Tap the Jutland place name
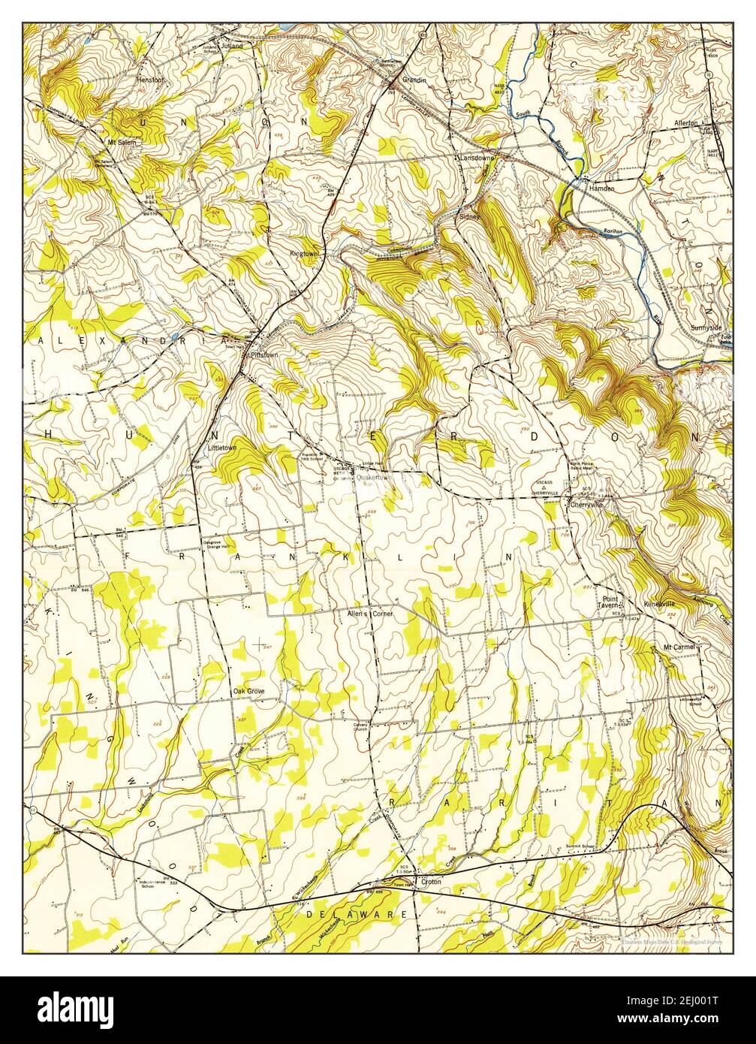click(x=232, y=45)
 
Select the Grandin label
click(x=414, y=79)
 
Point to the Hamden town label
click(x=601, y=189)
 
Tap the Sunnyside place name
click(x=706, y=328)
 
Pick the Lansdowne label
click(x=477, y=158)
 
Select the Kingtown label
click(x=305, y=254)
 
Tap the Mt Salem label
click(x=124, y=140)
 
